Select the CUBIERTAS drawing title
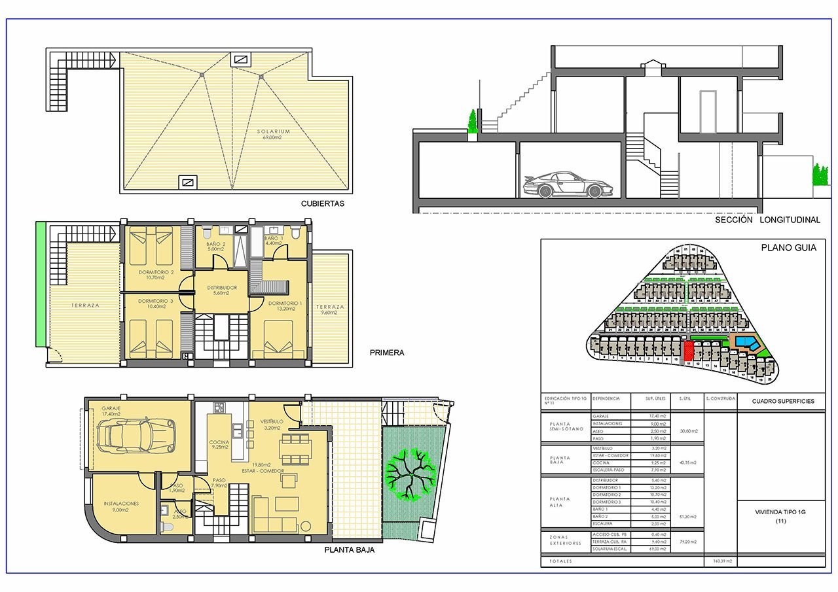point(322,203)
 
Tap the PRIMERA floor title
point(387,353)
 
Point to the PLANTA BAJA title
point(350,550)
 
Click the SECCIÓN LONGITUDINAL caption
point(767,220)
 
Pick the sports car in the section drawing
point(562,185)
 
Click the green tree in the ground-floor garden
point(410,474)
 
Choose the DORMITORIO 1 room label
point(285,304)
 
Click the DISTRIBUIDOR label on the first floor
point(222,288)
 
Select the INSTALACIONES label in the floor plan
point(122,504)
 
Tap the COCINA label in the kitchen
point(219,442)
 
